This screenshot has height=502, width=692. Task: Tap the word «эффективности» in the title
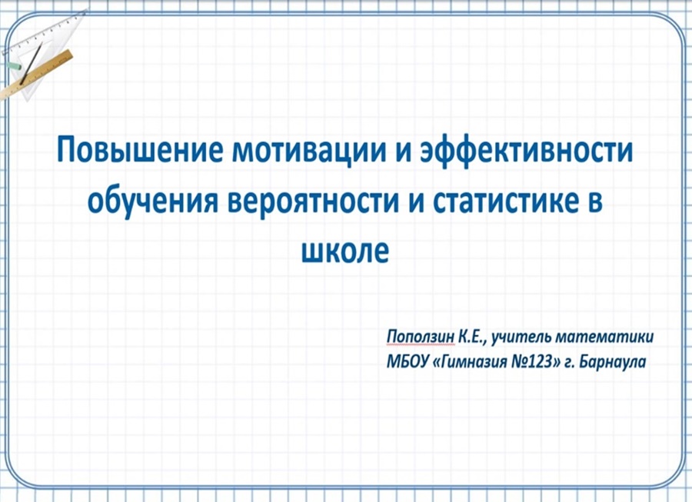pyautogui.click(x=529, y=151)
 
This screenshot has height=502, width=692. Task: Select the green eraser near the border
pyautogui.click(x=13, y=66)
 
